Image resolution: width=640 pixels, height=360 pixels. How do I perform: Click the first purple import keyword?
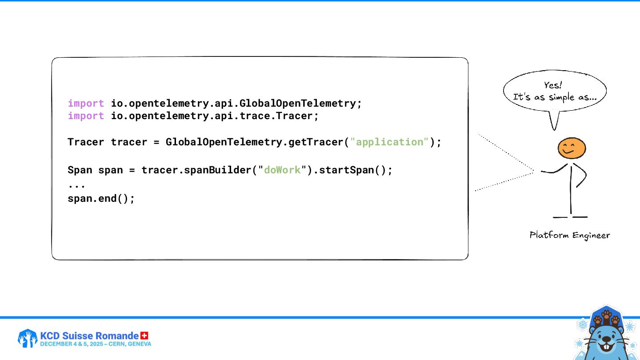tap(86, 104)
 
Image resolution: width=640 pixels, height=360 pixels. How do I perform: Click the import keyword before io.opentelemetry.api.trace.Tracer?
tap(86, 116)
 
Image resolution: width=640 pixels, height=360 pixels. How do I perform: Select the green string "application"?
tap(390, 142)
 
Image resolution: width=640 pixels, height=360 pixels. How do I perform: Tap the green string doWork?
tap(282, 170)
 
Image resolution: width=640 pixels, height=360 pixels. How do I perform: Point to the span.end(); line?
tap(101, 199)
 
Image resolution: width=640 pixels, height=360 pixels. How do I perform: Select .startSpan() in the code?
tap(353, 170)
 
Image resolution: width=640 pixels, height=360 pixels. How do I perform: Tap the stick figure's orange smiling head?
tap(572, 148)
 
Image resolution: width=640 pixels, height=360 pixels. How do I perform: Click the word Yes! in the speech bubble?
tap(553, 85)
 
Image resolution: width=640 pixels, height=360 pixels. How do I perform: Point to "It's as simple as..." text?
tap(554, 97)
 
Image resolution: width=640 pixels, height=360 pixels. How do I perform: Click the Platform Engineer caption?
tap(569, 235)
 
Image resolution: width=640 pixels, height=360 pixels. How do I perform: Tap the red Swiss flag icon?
tap(144, 335)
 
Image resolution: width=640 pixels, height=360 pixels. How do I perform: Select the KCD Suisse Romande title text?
tap(89, 336)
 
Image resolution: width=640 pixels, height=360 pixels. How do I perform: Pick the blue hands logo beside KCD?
tap(27, 338)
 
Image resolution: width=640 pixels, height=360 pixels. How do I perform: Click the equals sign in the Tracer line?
tap(156, 142)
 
